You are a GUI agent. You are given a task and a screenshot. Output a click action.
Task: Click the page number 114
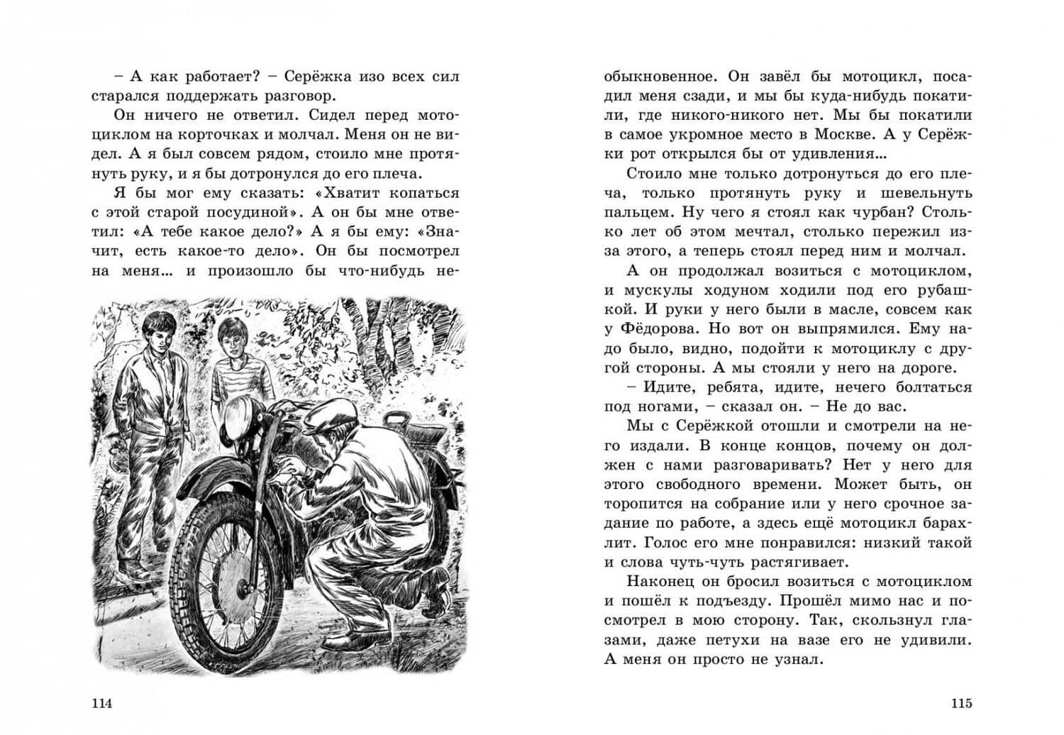[x=102, y=704]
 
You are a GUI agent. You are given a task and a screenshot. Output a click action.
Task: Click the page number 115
[x=961, y=704]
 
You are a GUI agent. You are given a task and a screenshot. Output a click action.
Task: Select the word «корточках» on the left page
[x=199, y=135]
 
